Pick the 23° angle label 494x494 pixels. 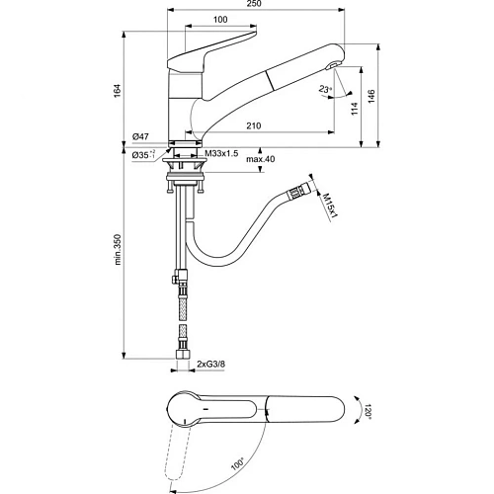coord(325,88)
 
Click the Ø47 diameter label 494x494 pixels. coord(141,137)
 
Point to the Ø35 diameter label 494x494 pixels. coord(141,154)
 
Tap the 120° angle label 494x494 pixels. coord(368,409)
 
